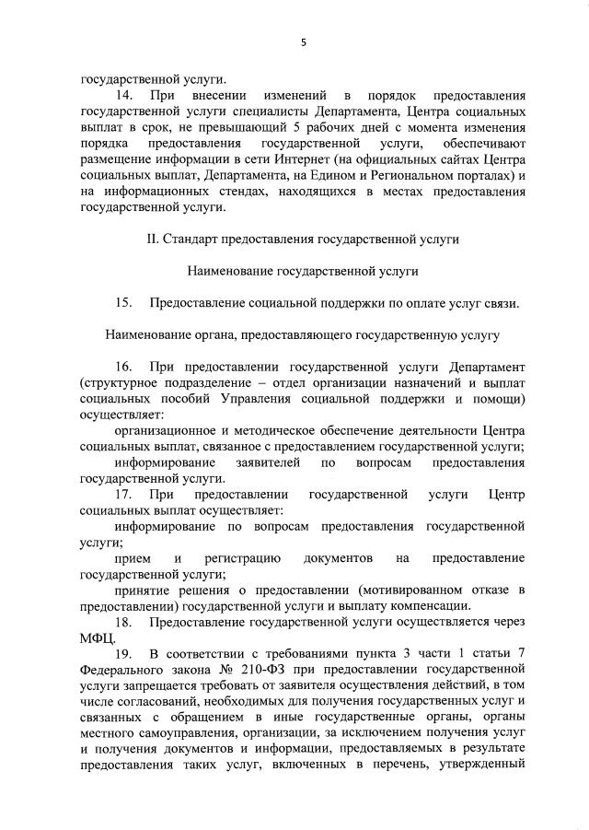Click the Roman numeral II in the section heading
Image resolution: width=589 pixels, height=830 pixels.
[x=152, y=239]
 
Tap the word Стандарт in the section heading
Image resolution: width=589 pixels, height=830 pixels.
[x=195, y=239]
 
